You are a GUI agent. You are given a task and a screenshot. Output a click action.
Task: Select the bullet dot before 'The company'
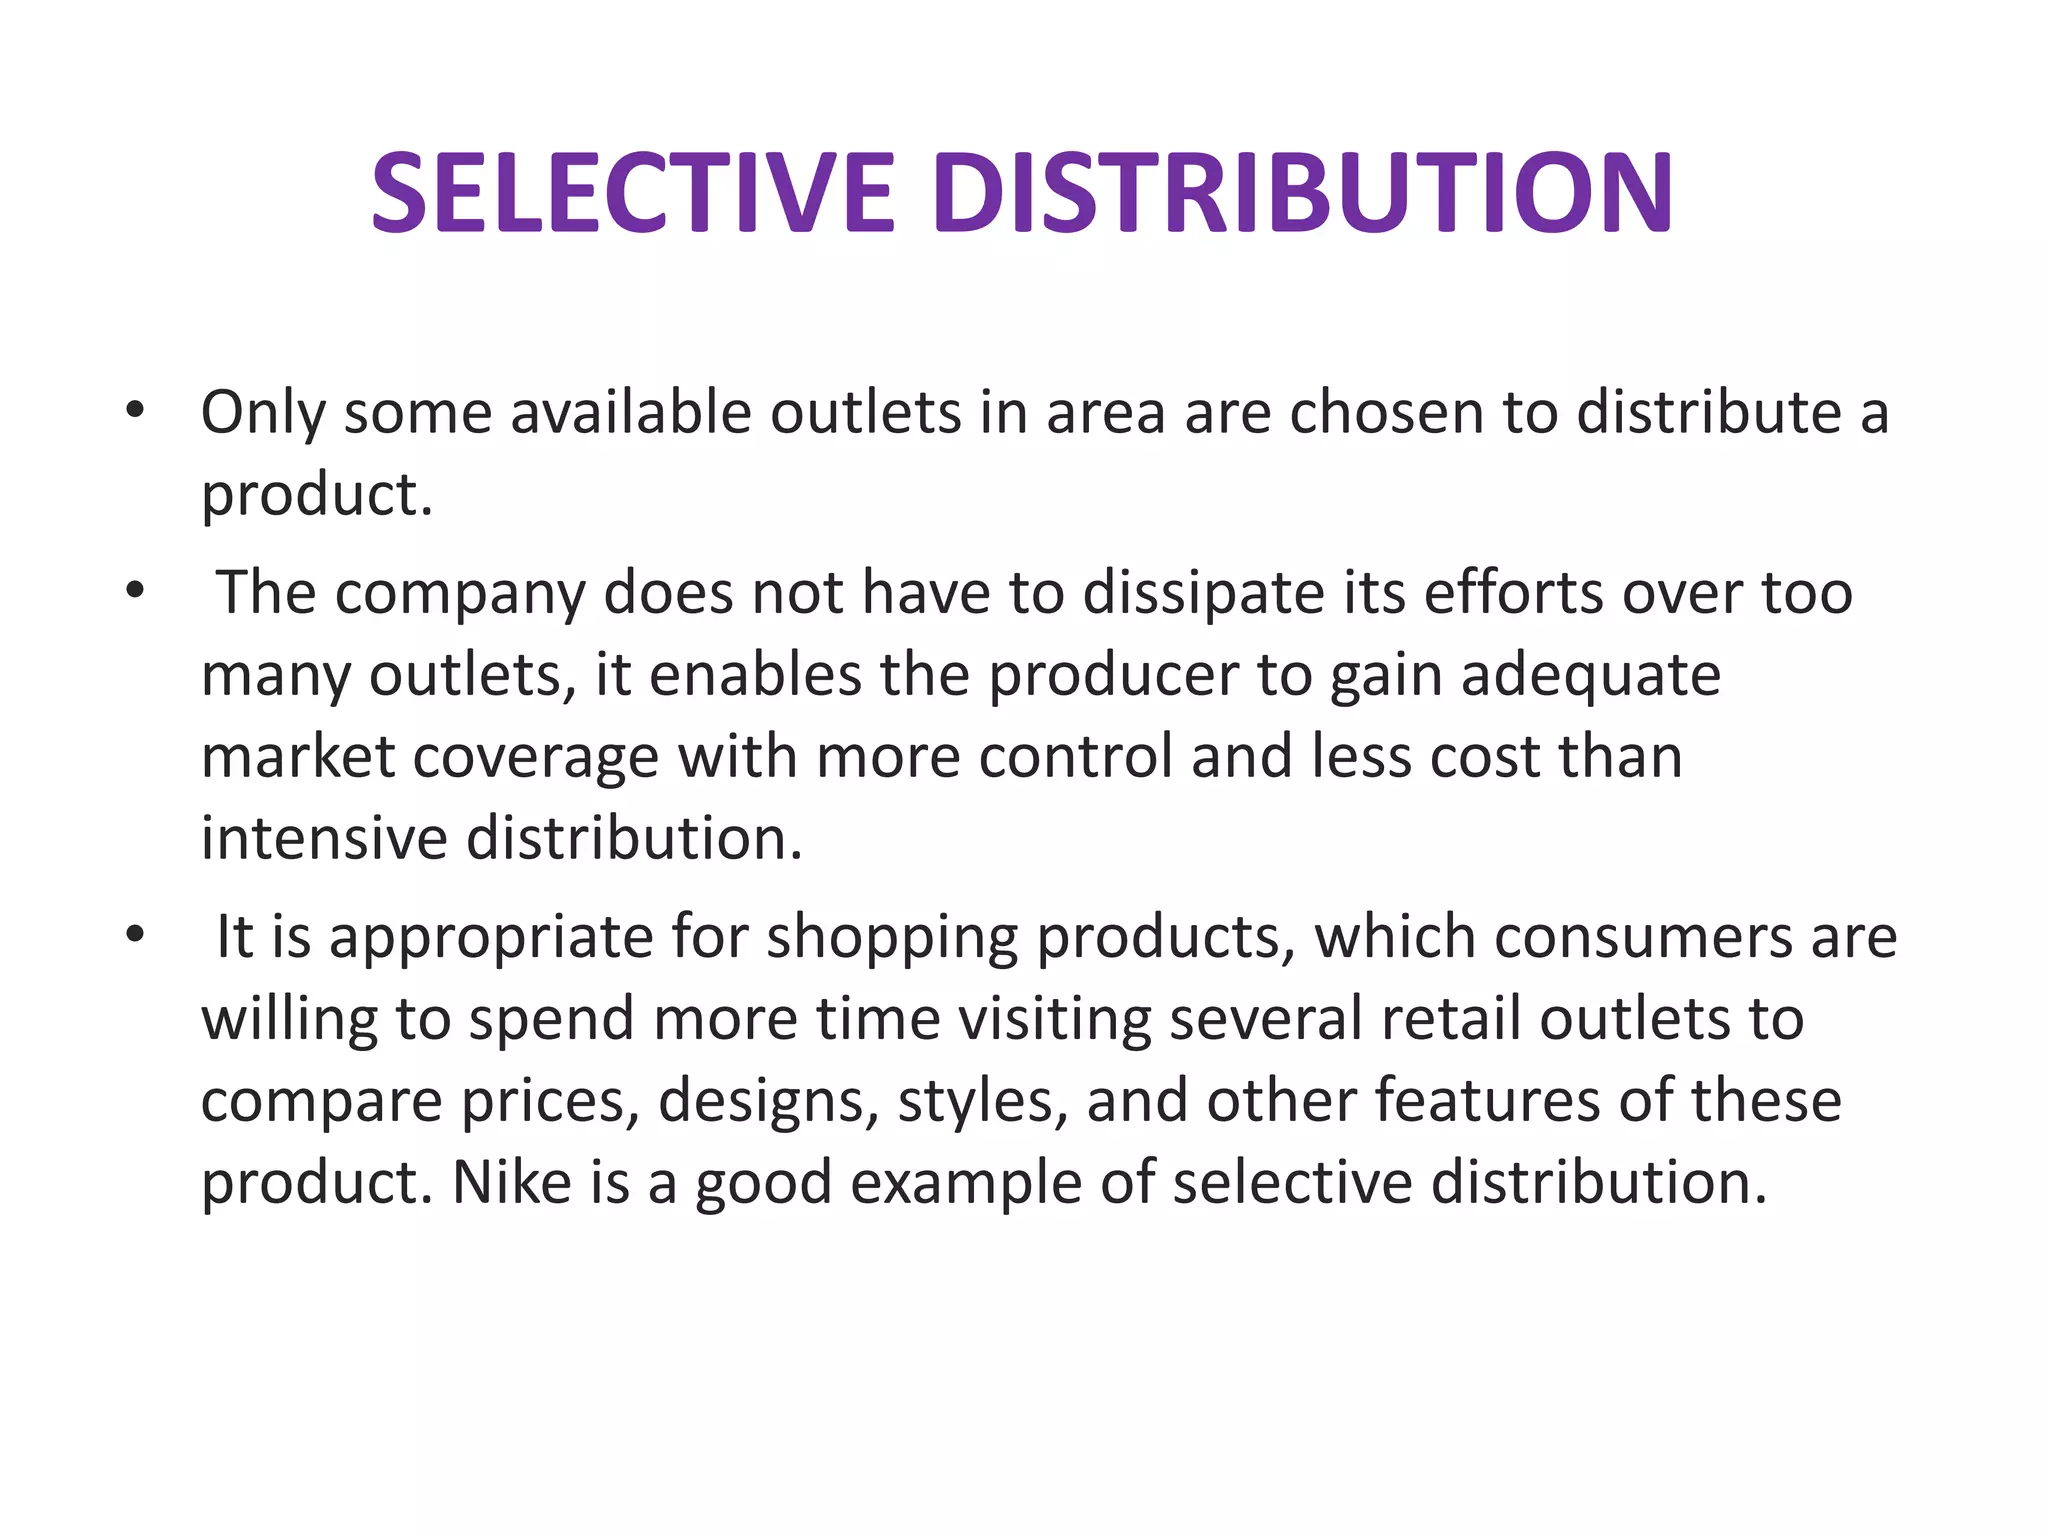tap(135, 591)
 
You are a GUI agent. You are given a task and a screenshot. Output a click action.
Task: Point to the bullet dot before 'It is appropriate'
tap(135, 936)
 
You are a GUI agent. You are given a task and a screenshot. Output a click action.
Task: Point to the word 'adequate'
tap(1591, 676)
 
